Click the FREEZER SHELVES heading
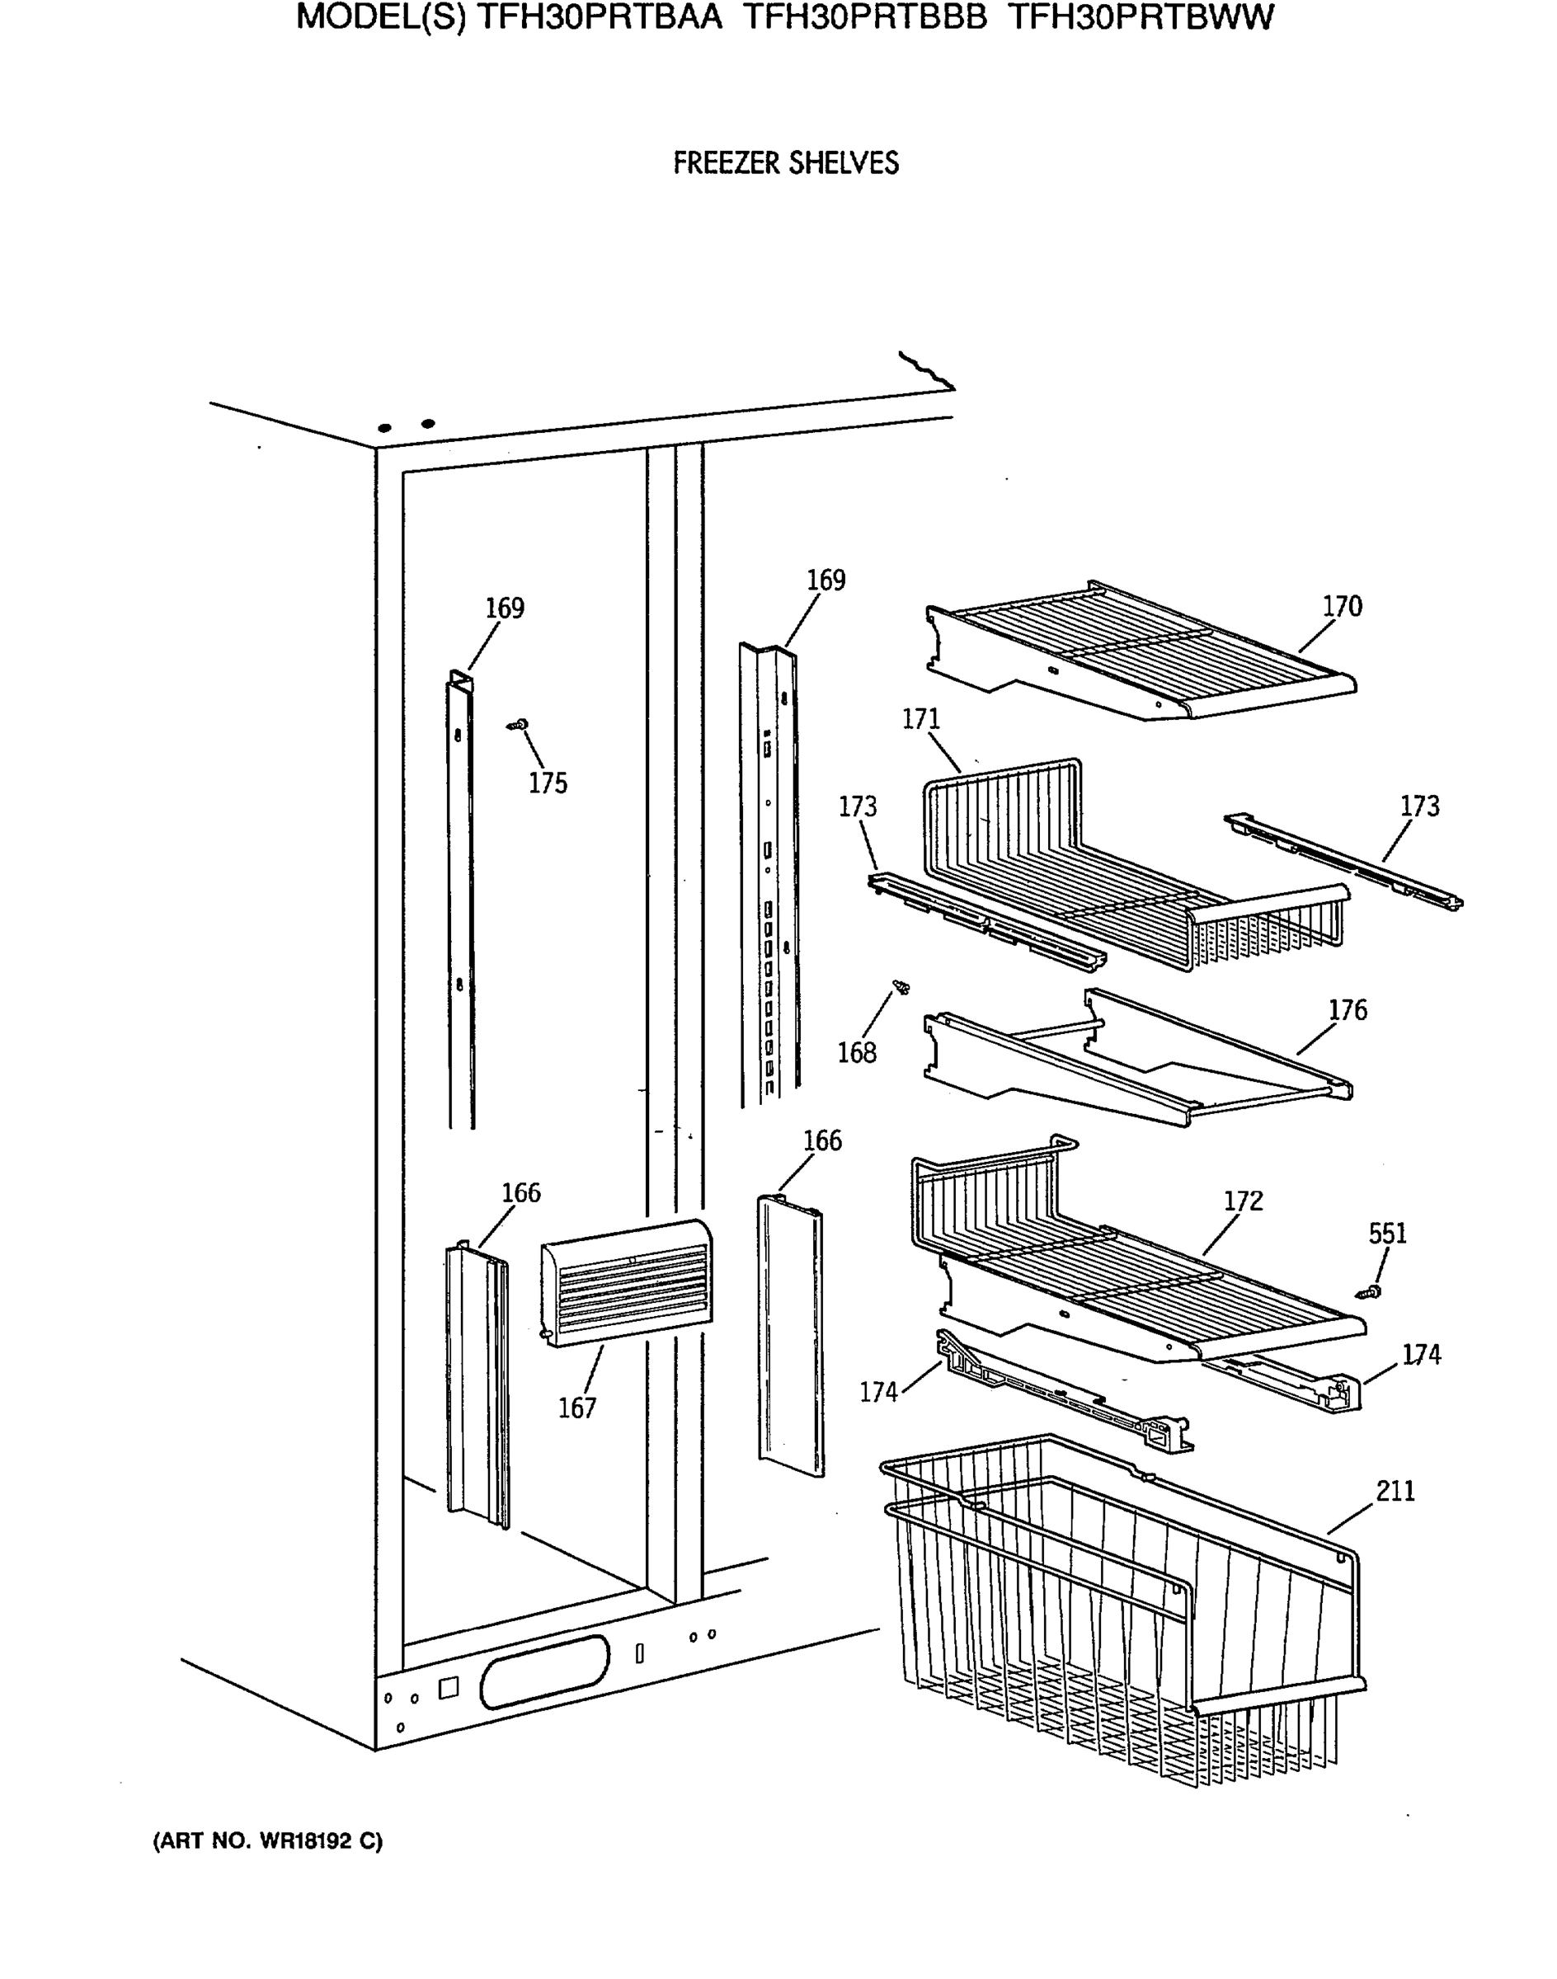(786, 163)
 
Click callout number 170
(1342, 606)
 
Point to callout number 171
(920, 719)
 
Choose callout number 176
(1348, 1010)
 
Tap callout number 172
(1244, 1201)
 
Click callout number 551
(1387, 1234)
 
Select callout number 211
(1395, 1492)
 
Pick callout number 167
(576, 1408)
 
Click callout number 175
(548, 783)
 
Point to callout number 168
(857, 1053)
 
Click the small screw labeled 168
(901, 986)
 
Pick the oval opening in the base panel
(544, 1671)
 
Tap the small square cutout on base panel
(448, 1688)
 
